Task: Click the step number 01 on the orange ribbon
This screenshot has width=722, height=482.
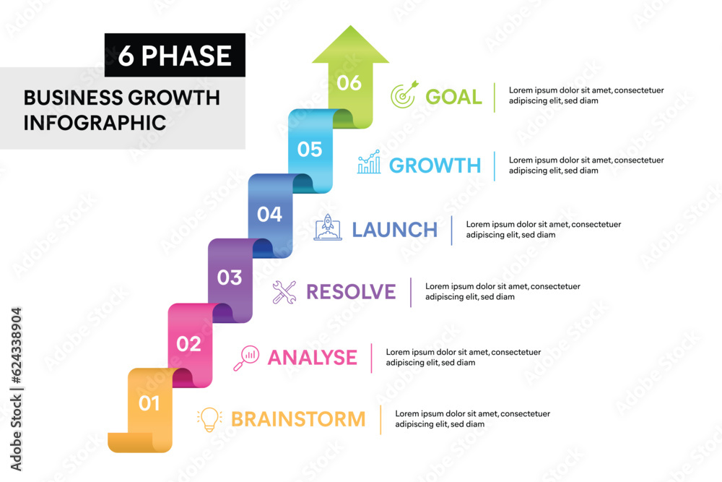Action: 149,403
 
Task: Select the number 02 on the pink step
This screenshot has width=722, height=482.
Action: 189,344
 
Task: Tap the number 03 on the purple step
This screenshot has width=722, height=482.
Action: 230,277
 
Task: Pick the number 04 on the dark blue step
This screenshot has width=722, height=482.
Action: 270,215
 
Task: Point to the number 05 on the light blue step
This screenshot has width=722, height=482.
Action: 310,150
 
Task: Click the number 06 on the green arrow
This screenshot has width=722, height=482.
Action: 349,83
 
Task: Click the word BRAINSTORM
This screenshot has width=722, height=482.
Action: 298,419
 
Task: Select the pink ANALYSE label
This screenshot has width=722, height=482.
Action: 312,357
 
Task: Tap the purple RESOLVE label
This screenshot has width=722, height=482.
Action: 351,292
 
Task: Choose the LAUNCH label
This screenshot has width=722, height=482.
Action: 394,230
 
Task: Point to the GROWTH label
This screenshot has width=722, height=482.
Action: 435,165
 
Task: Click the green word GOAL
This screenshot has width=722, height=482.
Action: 453,97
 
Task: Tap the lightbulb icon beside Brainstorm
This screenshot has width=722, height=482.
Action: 209,419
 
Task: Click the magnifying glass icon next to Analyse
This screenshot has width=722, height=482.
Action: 246,358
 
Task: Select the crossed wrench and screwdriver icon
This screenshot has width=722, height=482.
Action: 284,292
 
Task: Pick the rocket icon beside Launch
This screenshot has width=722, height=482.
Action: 328,228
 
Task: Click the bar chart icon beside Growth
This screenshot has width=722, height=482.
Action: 369,163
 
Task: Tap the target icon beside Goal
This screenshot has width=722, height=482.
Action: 404,95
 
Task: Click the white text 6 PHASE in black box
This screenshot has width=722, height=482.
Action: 175,56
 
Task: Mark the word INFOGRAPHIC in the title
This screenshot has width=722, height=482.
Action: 95,122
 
